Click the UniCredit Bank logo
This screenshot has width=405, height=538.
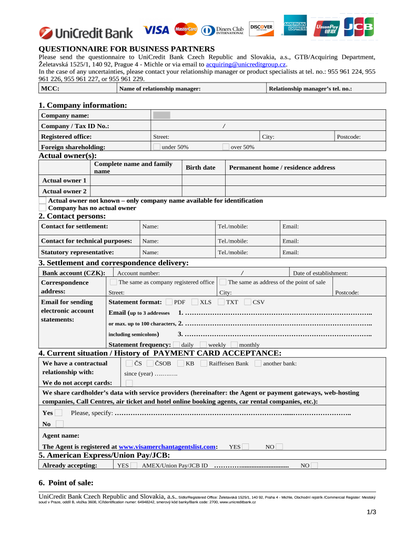(86, 33)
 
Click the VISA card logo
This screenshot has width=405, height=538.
(156, 30)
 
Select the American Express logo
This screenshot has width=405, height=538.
(295, 27)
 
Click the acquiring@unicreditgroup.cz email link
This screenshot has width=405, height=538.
(246, 64)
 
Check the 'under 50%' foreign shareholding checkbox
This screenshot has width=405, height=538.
(156, 147)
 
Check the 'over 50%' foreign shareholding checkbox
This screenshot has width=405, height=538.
(226, 147)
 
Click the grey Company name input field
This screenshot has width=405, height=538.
(161, 115)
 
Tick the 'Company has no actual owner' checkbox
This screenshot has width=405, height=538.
(43, 208)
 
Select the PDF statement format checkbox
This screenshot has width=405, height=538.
(168, 302)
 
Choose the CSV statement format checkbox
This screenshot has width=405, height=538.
(248, 302)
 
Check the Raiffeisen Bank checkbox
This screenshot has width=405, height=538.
(204, 363)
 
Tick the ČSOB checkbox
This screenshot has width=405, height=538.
(150, 363)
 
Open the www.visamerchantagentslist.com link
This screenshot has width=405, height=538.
(167, 447)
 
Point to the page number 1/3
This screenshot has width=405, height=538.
(371, 512)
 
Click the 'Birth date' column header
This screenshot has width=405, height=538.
(200, 168)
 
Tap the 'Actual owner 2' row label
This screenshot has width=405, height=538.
(64, 191)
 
